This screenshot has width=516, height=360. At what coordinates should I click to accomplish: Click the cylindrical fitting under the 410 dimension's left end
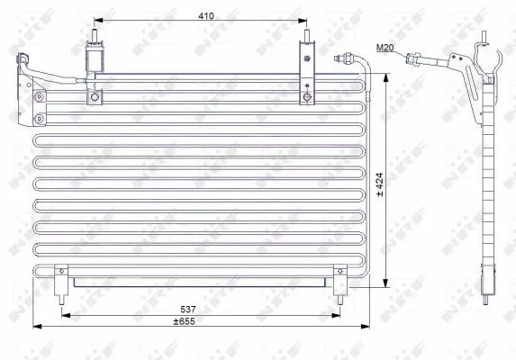point(93,56)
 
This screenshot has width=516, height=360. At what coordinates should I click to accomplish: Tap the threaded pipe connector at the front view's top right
point(343,61)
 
